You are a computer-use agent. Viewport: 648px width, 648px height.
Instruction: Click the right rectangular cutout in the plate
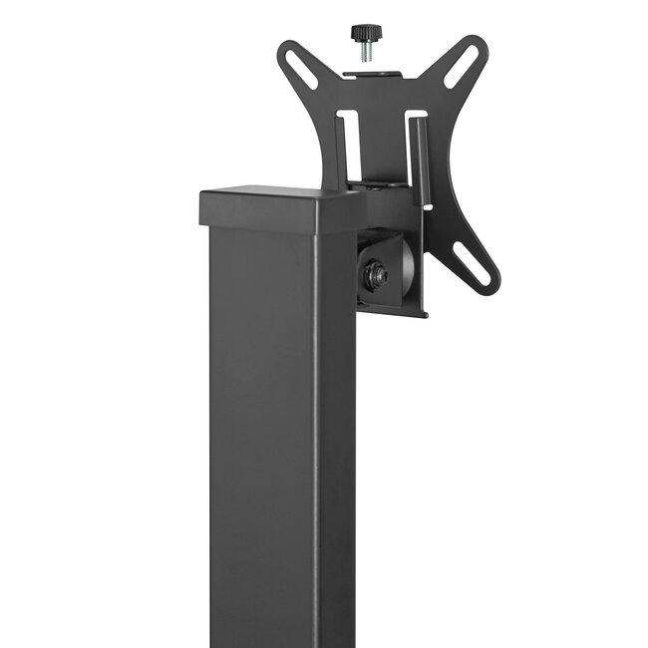click(x=417, y=150)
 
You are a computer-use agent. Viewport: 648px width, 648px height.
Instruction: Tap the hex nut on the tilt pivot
click(x=376, y=275)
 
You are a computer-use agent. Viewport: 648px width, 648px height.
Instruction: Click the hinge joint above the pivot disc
click(x=384, y=189)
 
